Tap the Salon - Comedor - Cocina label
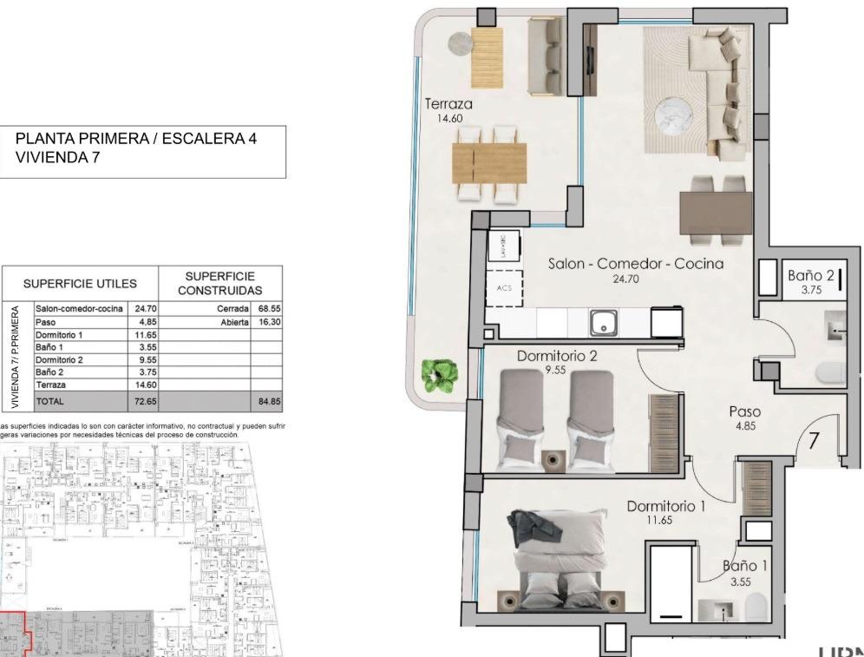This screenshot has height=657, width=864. (x=635, y=263)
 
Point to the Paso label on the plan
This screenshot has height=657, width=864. (x=744, y=412)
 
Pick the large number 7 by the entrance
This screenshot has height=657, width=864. (x=814, y=441)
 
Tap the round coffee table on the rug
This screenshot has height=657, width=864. (x=673, y=115)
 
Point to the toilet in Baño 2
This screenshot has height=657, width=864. (x=829, y=373)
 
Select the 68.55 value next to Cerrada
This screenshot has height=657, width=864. (x=269, y=308)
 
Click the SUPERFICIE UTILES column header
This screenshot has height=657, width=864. (x=80, y=284)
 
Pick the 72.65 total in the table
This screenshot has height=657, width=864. (x=144, y=401)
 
